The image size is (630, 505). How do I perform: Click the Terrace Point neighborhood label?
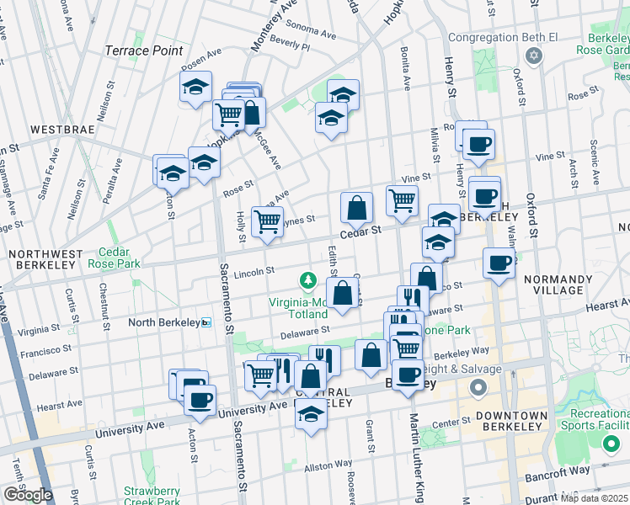pos(143,50)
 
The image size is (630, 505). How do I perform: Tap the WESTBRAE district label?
pos(60,130)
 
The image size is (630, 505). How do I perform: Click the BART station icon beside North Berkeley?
pos(206,322)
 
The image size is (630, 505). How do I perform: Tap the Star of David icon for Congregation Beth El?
pos(531,56)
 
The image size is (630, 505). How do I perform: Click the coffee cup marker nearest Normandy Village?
pos(499,263)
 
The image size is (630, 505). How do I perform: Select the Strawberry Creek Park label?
pos(152,497)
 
